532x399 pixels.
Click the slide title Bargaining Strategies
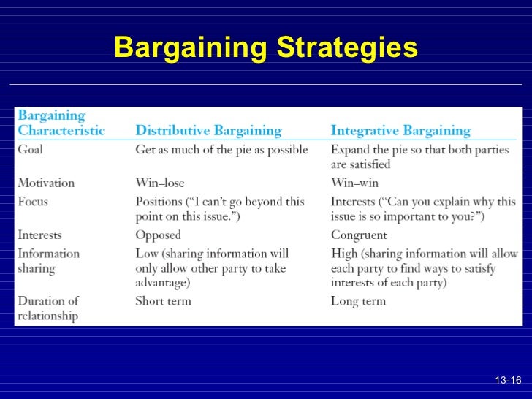(x=266, y=48)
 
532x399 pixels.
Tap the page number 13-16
(x=508, y=381)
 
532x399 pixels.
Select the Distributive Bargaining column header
(x=208, y=132)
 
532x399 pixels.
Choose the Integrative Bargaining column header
(x=400, y=132)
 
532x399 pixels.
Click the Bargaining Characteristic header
(x=61, y=123)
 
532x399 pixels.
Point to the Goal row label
(x=30, y=150)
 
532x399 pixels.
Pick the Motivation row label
(x=46, y=183)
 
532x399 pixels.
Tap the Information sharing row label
(x=48, y=261)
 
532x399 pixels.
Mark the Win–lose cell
(x=159, y=183)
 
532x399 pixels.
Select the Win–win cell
(x=354, y=183)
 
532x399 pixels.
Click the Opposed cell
(x=158, y=235)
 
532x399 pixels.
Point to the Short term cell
(x=163, y=301)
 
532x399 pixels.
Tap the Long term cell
(x=357, y=301)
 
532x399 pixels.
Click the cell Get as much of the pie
(x=221, y=150)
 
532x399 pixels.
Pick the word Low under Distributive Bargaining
(x=147, y=254)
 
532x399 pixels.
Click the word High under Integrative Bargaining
(x=345, y=254)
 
